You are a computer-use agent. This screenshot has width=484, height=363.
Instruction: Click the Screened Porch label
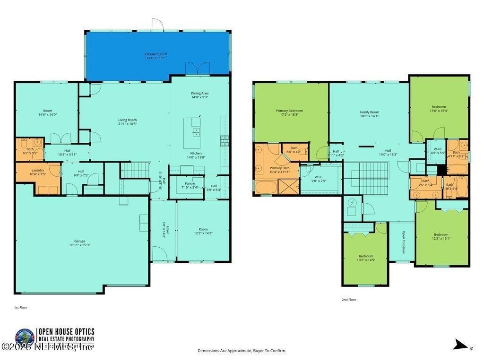[156, 54]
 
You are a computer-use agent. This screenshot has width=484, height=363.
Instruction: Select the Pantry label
[190, 183]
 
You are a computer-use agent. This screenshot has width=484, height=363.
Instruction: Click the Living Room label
[127, 120]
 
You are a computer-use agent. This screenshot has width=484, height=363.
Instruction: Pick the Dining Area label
[199, 94]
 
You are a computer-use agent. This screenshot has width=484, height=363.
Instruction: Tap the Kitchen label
[196, 153]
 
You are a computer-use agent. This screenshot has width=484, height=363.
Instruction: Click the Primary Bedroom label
[289, 111]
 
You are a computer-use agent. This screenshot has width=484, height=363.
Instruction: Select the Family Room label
[369, 112]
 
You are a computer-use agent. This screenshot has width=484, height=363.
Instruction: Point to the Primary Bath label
[279, 168]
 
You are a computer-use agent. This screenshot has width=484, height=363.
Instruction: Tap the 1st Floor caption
[20, 307]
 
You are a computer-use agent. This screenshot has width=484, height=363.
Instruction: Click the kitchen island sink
[196, 133]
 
